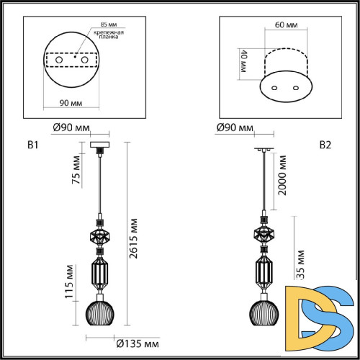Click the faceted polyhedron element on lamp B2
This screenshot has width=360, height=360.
264,233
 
